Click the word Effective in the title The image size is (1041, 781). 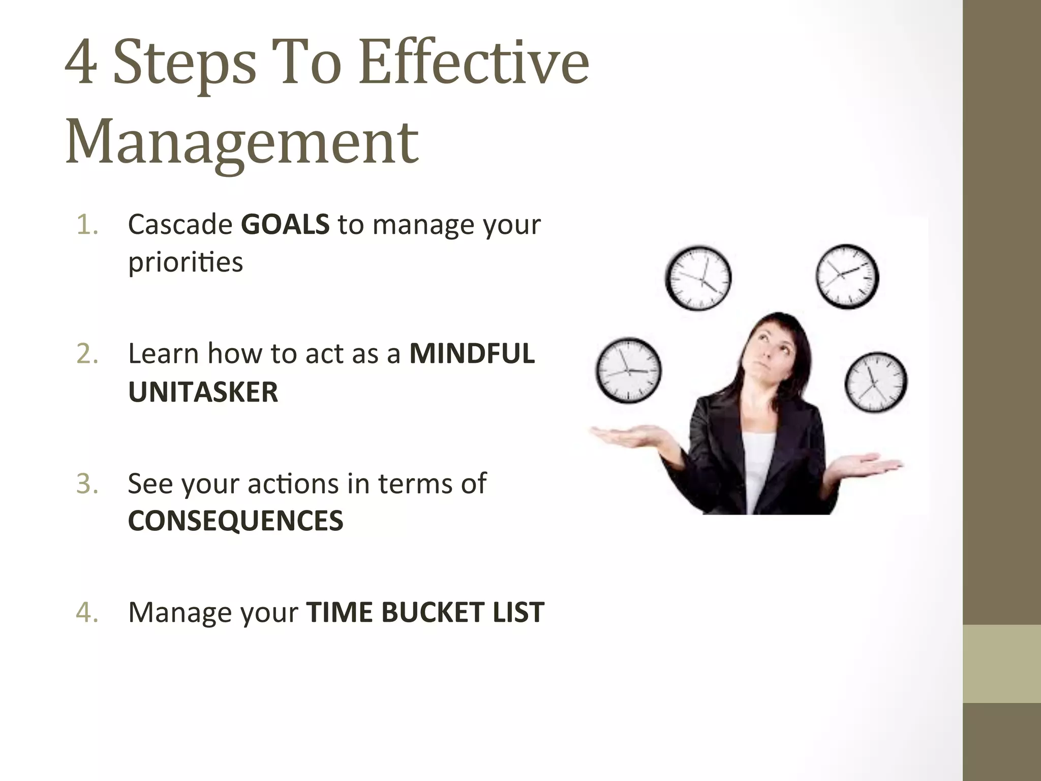tap(474, 64)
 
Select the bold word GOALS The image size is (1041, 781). tap(285, 225)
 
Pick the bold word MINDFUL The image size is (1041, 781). tap(472, 354)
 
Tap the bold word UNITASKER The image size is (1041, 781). tap(203, 392)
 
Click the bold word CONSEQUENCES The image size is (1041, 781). tap(235, 521)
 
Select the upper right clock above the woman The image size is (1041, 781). tap(847, 276)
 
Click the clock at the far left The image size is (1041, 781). tap(628, 370)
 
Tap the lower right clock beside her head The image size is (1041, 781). tap(875, 382)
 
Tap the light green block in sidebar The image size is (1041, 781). tap(1001, 664)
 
